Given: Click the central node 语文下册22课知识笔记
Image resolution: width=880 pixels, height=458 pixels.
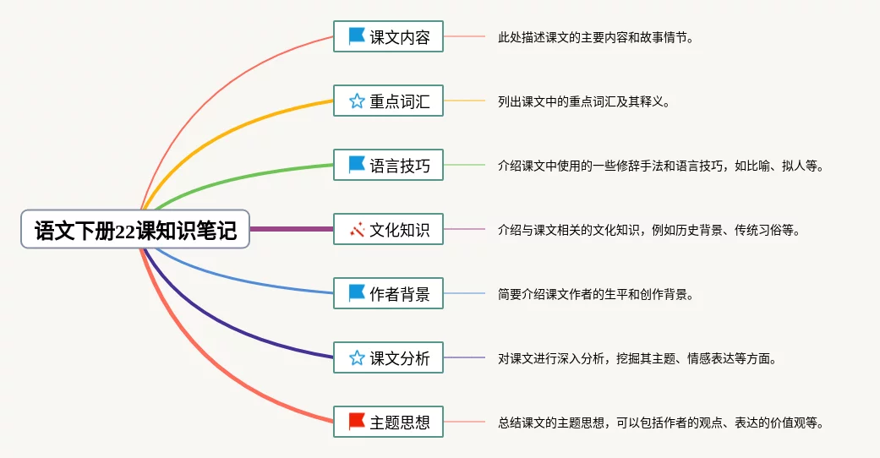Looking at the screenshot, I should pos(135,229).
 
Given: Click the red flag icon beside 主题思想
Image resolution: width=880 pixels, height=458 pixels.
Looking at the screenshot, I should pos(357,422).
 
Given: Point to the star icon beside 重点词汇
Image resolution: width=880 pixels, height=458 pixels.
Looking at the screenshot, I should pos(357,101).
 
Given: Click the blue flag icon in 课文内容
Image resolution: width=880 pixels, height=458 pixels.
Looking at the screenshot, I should pos(357,36).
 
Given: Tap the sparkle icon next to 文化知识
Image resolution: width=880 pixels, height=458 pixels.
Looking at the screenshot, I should pos(357,229).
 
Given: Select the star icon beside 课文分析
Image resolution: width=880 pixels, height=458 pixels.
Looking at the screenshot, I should pos(357,358).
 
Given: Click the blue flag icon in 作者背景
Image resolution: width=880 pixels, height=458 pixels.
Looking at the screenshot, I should pos(357,293).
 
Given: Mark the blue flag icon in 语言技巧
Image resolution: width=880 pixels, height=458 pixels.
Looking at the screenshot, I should pos(357,165).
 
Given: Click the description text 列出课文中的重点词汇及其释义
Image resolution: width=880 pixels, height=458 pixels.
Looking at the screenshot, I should pos(583,101).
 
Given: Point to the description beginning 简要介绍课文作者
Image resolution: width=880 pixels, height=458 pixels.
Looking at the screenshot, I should pos(596,294).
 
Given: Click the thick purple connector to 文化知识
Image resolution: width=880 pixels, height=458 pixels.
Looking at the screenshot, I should pos(292,229).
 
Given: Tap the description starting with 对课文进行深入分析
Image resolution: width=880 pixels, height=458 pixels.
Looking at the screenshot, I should pos(637,358).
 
